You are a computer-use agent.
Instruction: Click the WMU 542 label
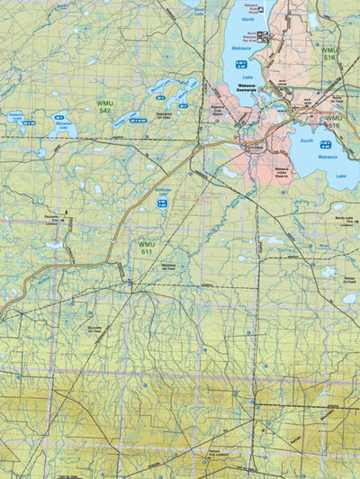104,108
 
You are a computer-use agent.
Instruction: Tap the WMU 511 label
146,248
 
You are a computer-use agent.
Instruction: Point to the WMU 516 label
333,121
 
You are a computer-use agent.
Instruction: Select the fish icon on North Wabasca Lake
240,63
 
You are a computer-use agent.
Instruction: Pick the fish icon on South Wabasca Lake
326,143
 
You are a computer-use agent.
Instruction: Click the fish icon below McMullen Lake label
163,204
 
